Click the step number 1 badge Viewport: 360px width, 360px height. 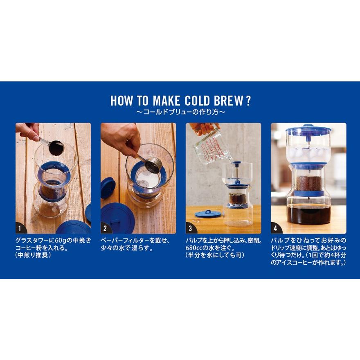[20, 228]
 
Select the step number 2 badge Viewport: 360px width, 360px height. [106, 228]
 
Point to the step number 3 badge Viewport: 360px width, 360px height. [190, 228]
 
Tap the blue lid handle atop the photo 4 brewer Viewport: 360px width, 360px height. [308, 126]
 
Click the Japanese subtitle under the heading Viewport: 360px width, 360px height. [180, 112]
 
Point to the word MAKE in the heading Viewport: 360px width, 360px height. [166, 101]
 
